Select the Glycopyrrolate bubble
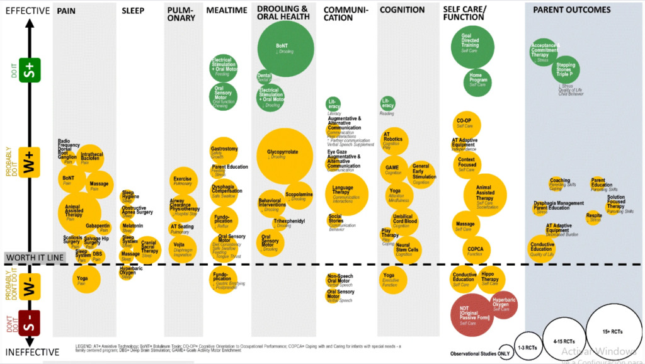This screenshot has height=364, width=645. (x=285, y=155)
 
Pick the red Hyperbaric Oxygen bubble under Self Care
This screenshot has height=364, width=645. (x=502, y=305)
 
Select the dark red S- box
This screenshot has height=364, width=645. (x=27, y=327)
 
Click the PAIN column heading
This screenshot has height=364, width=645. (x=66, y=11)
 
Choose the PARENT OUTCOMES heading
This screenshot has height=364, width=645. (x=571, y=9)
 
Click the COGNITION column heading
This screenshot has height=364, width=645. (x=402, y=10)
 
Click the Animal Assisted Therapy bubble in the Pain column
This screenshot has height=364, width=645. (x=79, y=213)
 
